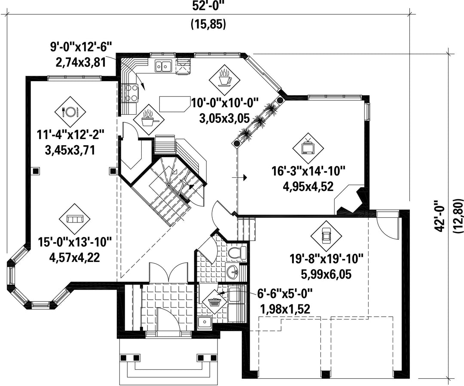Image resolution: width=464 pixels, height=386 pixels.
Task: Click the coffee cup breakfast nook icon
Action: coord(224,79)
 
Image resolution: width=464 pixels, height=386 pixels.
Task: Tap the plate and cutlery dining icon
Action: coord(70,112)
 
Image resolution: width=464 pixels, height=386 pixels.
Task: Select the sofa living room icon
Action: coord(75,219)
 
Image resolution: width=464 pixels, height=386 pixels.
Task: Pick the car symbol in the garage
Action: coord(326,236)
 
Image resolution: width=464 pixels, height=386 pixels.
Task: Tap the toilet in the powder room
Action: coord(237,252)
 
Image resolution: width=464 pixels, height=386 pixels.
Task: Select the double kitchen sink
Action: coord(163,66)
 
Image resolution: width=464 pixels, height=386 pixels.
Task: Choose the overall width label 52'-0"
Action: coord(208,6)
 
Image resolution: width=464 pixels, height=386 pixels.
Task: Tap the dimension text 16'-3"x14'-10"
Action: coord(308,171)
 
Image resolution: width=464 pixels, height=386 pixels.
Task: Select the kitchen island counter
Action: coord(174,104)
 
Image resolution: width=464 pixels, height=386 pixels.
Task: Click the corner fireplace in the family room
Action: coord(350,200)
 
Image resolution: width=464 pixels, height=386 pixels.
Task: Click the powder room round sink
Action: coord(232,271)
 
